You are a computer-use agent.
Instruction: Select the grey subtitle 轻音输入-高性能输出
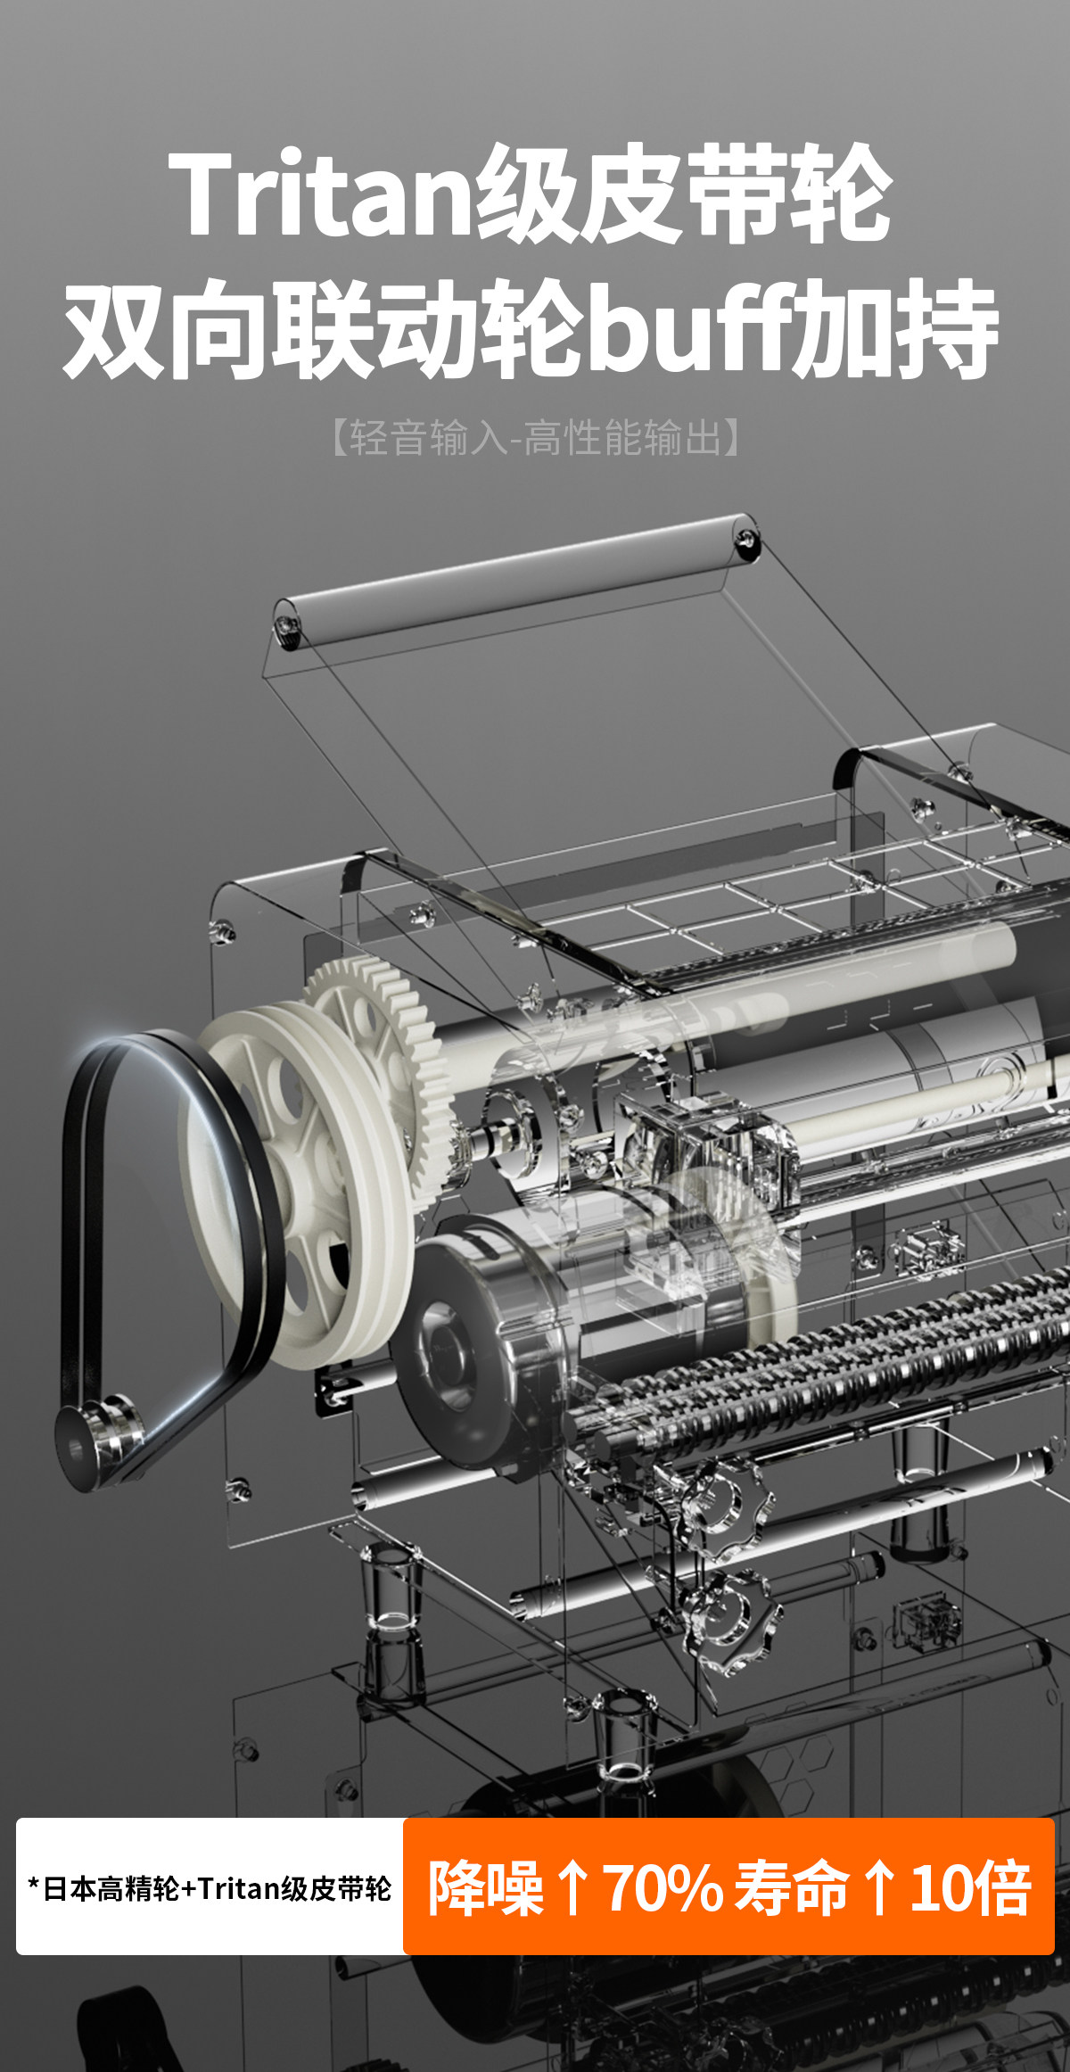click(535, 438)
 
